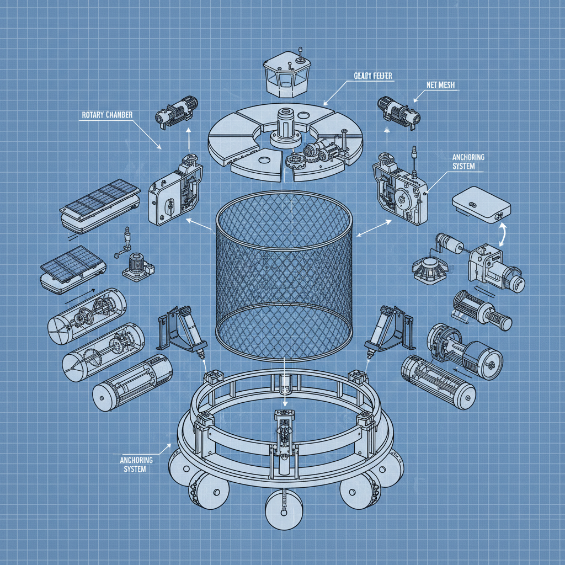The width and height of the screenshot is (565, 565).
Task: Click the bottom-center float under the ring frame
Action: pos(284,508)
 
